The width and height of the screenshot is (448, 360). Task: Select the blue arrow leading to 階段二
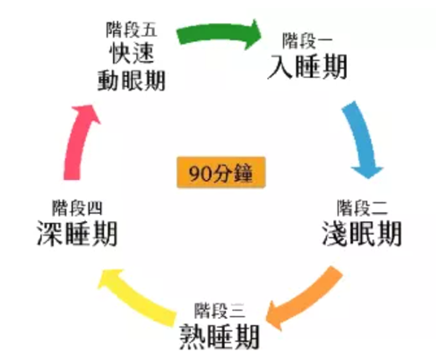(x=362, y=137)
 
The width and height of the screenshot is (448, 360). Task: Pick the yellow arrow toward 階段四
(x=136, y=297)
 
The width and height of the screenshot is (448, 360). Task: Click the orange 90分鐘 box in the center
(x=221, y=173)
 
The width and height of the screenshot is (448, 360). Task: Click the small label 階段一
(x=307, y=41)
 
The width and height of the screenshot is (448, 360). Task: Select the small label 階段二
(x=362, y=208)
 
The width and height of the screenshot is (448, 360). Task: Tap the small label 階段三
(x=220, y=311)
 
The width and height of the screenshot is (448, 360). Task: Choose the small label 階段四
(x=77, y=208)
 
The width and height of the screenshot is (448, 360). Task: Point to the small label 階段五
(x=132, y=30)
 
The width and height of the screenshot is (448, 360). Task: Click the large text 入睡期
(x=307, y=66)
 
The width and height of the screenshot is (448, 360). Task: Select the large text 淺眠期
(x=362, y=234)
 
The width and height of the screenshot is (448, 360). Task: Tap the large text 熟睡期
(x=220, y=337)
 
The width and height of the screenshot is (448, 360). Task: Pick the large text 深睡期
(x=77, y=234)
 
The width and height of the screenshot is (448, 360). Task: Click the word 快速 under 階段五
(x=132, y=54)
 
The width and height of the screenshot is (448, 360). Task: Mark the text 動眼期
(x=132, y=81)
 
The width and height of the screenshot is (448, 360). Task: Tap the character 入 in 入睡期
(x=280, y=67)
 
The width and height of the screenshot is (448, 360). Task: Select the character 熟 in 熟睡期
(x=193, y=337)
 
